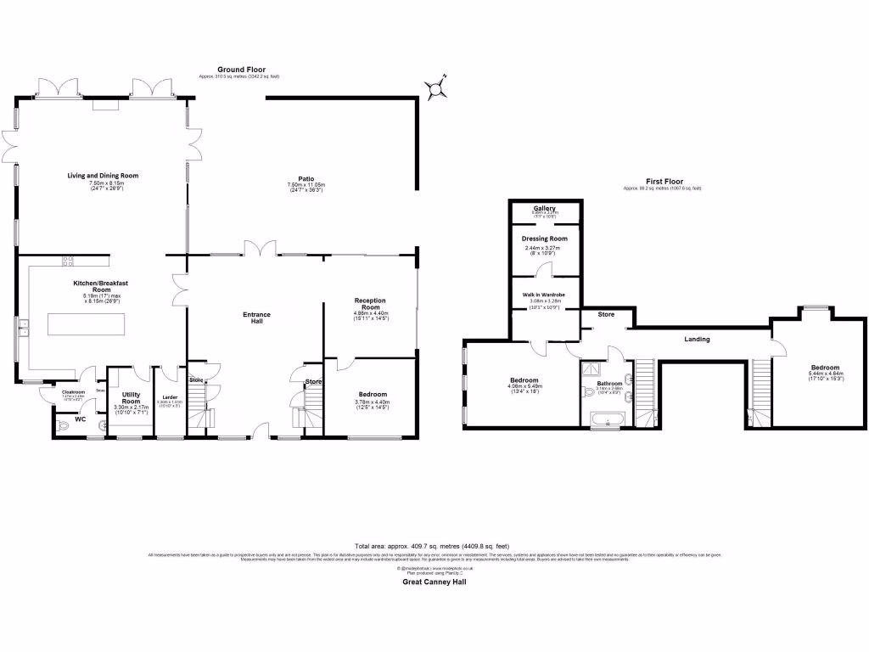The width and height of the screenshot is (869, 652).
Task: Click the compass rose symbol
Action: pos(435,87)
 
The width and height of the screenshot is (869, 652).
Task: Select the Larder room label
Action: pos(170,397)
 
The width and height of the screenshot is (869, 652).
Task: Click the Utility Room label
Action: pos(131,397)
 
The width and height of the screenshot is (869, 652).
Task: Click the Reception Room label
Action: pos(370,303)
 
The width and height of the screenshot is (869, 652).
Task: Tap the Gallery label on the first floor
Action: pos(544,208)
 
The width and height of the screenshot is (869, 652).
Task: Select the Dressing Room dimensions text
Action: pos(544,250)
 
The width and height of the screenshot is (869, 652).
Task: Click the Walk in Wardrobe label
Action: pos(544,295)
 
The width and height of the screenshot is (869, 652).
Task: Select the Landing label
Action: pos(697,340)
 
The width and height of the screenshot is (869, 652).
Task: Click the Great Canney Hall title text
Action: pos(434,582)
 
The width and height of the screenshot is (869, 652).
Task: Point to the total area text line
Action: pos(434,546)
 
